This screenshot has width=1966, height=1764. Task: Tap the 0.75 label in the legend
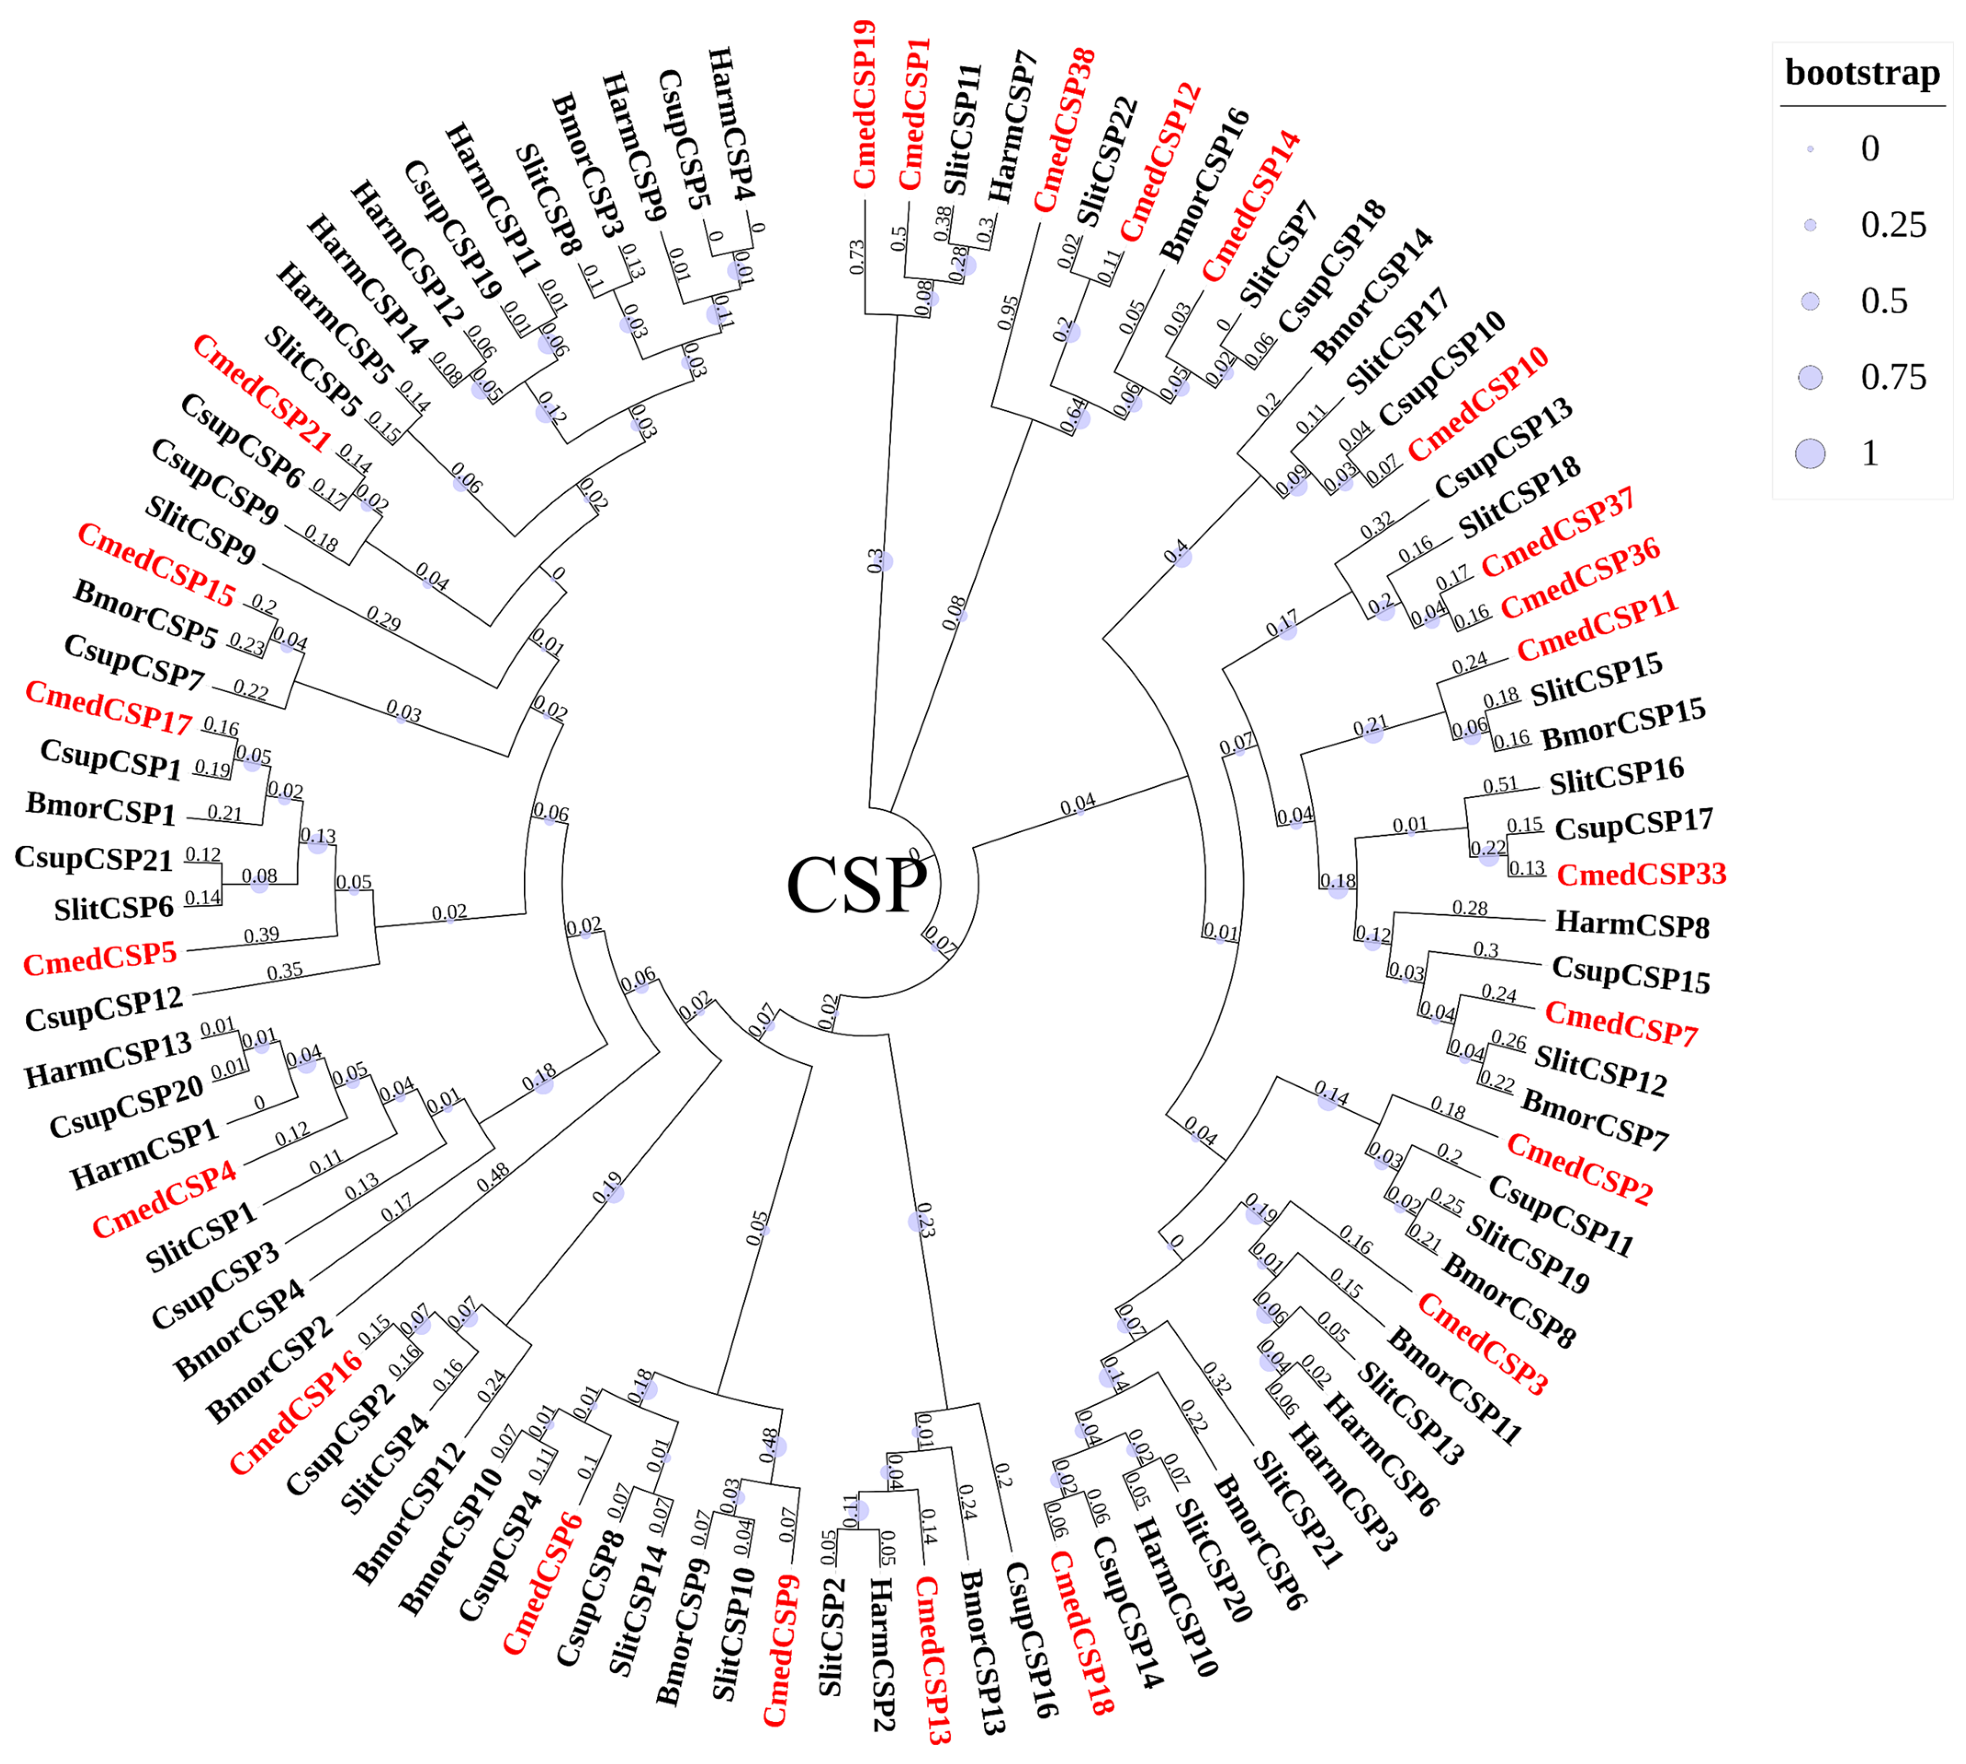(x=1892, y=377)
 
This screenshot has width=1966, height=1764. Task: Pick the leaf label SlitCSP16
(x=1616, y=776)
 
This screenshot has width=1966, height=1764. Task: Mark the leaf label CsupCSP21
(x=93, y=858)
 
